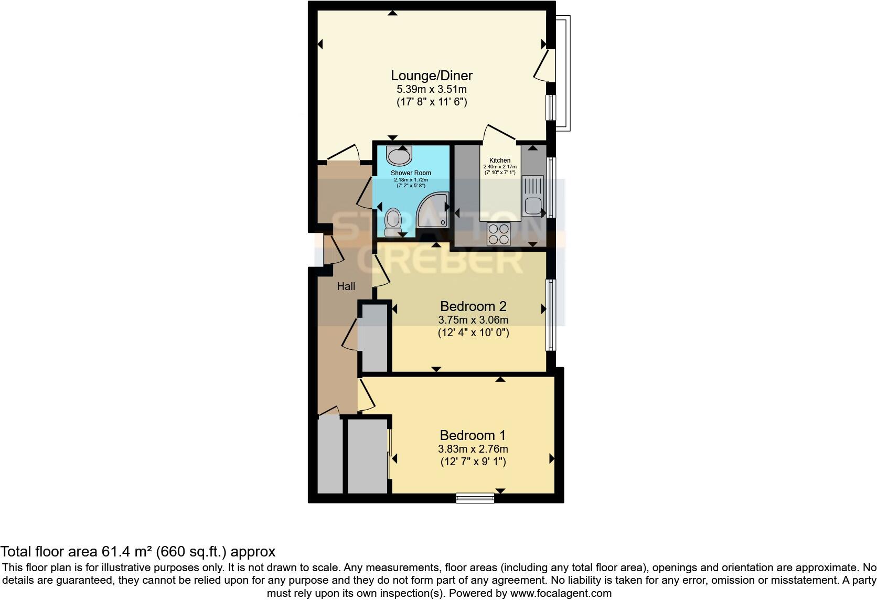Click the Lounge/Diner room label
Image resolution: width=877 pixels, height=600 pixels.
tap(432, 75)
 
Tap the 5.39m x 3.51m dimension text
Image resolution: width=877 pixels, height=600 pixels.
tap(432, 89)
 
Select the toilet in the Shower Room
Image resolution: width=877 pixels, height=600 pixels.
tap(392, 222)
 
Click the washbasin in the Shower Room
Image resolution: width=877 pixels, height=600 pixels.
tap(399, 156)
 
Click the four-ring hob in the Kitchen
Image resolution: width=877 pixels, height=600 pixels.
tap(498, 234)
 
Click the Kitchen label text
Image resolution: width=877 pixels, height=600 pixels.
tap(499, 160)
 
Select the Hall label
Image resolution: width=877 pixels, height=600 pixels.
tap(346, 286)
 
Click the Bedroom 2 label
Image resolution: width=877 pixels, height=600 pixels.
tap(473, 306)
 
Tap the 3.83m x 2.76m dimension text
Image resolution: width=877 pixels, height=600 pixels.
tap(473, 449)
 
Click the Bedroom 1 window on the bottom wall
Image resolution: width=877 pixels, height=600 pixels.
tap(475, 498)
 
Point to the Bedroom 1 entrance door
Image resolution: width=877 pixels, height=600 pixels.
tap(366, 397)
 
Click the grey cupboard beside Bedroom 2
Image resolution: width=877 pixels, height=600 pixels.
tap(375, 338)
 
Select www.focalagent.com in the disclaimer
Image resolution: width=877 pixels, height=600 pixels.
tap(560, 593)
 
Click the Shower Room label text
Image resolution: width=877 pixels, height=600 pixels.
tap(411, 173)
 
